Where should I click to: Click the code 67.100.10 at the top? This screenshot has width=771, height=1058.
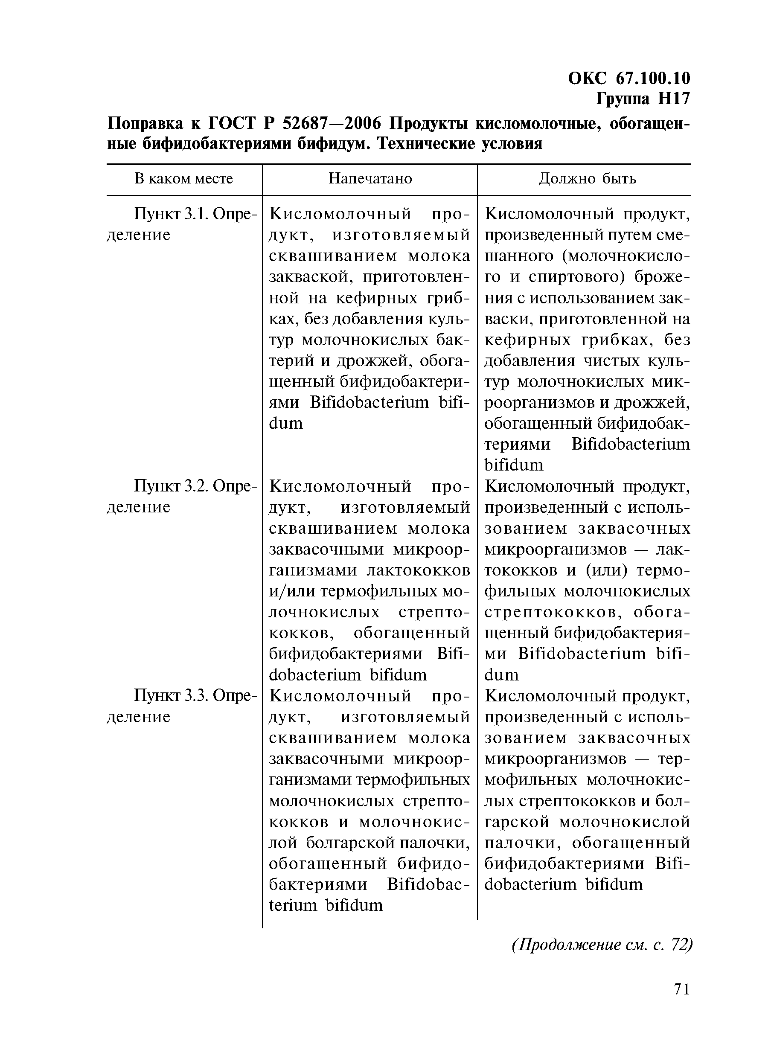(653, 78)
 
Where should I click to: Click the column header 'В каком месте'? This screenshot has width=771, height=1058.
(183, 179)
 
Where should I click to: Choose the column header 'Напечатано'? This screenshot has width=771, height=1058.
(370, 179)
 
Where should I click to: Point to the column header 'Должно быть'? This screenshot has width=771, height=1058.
(588, 179)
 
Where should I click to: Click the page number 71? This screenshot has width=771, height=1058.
(682, 1002)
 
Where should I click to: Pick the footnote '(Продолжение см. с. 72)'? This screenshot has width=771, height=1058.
(602, 945)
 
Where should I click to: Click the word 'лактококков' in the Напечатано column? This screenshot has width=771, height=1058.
(419, 570)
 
